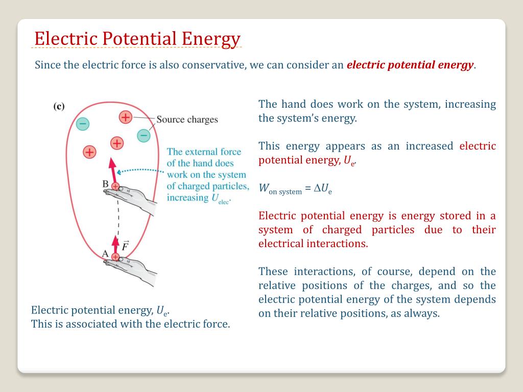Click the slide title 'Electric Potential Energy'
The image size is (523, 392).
click(x=137, y=39)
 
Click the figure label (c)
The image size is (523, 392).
click(x=59, y=106)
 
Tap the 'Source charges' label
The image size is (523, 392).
click(x=187, y=119)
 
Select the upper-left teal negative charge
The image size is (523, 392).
click(x=82, y=123)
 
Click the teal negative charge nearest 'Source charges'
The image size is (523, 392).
click(x=144, y=135)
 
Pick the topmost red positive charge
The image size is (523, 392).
click(x=125, y=117)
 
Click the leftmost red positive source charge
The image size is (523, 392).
click(x=89, y=152)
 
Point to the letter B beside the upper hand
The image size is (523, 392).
click(x=105, y=184)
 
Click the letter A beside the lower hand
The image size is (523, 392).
click(x=105, y=254)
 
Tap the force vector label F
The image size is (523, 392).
click(x=125, y=247)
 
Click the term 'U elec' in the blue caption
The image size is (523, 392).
click(x=220, y=198)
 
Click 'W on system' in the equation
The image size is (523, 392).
click(x=280, y=189)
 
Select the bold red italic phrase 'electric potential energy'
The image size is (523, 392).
click(x=410, y=65)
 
